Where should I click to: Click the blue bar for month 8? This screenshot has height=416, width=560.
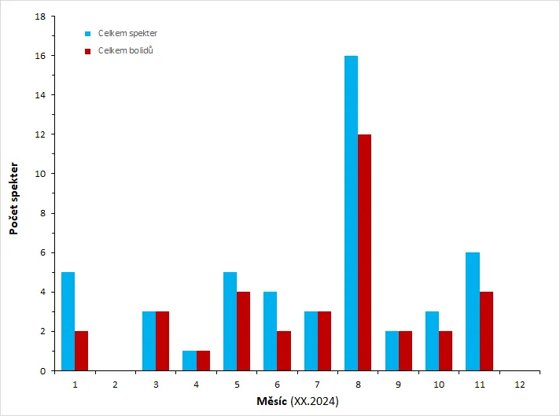point(351,213)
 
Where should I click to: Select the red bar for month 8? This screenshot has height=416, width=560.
point(365,252)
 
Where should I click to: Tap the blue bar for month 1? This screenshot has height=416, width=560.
point(68,322)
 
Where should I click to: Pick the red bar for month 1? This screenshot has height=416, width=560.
point(82,351)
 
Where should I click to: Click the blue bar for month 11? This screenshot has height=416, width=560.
point(473,311)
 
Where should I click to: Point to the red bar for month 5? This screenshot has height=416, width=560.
point(243,331)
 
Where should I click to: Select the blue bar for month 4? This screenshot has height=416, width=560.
point(190,361)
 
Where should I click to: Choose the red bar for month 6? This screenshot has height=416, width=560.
point(284,351)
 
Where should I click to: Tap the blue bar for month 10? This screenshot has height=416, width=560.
point(432,341)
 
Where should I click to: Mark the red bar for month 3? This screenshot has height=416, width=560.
point(163,341)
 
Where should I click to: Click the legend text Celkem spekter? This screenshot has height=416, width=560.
point(127,33)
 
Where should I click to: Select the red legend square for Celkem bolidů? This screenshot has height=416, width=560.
point(88,51)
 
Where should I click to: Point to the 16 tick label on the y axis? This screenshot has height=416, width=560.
point(40,56)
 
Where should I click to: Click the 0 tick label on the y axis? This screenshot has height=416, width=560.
point(42,371)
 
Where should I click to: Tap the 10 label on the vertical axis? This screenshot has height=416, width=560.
point(40,174)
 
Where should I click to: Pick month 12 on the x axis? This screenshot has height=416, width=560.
point(520,385)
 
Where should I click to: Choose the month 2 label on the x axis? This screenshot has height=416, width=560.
point(115,385)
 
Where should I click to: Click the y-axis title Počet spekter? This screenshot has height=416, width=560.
point(13,198)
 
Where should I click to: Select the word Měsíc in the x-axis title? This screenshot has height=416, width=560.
point(272,401)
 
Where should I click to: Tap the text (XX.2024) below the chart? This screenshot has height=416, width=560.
point(315,401)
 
